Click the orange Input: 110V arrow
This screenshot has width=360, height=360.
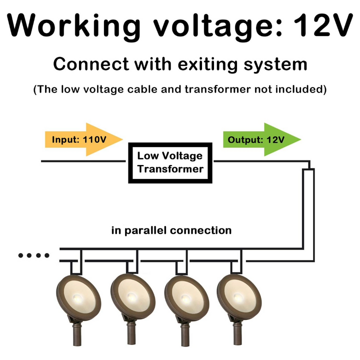click(83, 139)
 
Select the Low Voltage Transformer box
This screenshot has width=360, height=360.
click(170, 162)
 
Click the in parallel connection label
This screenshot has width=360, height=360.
click(171, 230)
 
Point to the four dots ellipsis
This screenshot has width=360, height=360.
click(34, 256)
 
